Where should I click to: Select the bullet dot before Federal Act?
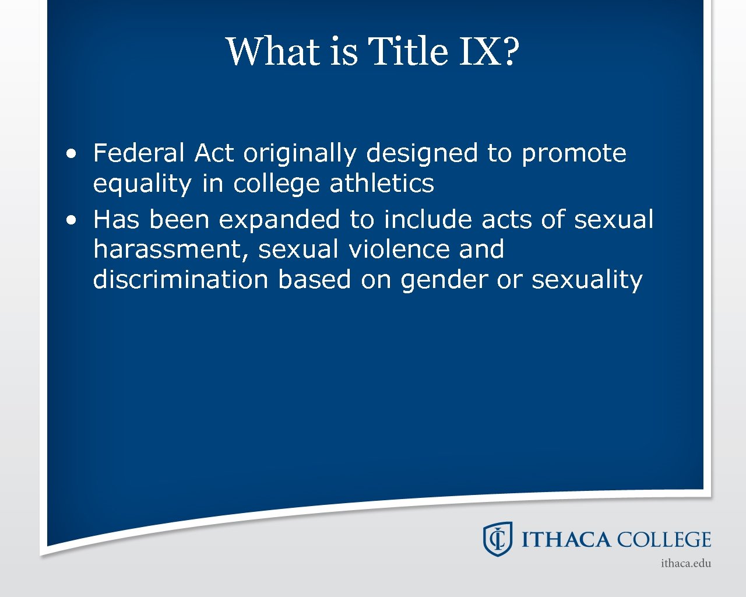click(71, 154)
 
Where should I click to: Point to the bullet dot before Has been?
click(71, 220)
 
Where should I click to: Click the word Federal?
click(139, 153)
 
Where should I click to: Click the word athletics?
click(382, 184)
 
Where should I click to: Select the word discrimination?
click(181, 279)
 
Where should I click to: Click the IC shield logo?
click(497, 539)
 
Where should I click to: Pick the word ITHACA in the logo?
click(565, 540)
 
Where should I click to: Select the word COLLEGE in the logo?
click(664, 540)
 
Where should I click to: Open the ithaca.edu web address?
click(686, 563)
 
